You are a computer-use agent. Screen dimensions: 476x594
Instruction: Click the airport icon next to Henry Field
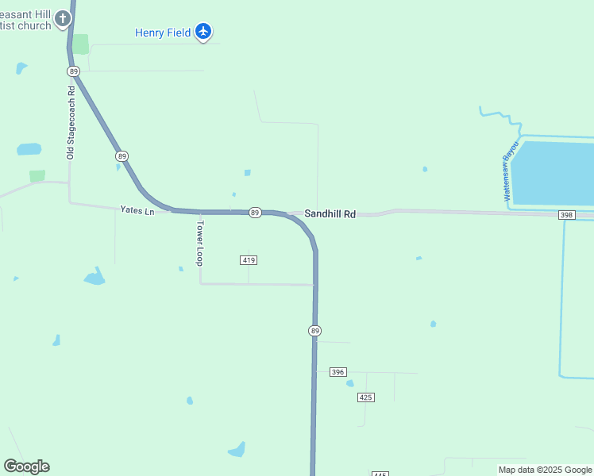click(x=203, y=32)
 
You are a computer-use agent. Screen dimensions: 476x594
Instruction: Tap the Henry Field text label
click(x=163, y=33)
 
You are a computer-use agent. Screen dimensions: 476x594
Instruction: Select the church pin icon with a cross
click(x=63, y=17)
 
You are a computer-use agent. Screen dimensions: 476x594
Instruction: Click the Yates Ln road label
click(x=137, y=209)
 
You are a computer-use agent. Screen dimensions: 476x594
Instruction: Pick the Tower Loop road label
click(x=200, y=243)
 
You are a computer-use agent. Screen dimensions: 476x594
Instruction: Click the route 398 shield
click(x=566, y=215)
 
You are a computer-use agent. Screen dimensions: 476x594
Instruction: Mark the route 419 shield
click(x=249, y=260)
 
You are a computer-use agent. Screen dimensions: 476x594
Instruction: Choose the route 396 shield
click(x=338, y=372)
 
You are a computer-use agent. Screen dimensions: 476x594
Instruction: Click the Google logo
click(x=26, y=466)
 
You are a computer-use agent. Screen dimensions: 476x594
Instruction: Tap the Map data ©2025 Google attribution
click(x=545, y=470)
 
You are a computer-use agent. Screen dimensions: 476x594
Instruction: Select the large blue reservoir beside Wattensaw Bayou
click(x=556, y=172)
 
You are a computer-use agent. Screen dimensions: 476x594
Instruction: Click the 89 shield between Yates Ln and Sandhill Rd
click(x=255, y=213)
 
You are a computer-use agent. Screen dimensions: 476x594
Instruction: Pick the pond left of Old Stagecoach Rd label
click(x=29, y=149)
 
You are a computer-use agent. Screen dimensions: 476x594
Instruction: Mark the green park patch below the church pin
click(x=81, y=44)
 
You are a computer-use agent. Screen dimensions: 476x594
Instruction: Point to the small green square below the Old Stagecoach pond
click(x=37, y=175)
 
